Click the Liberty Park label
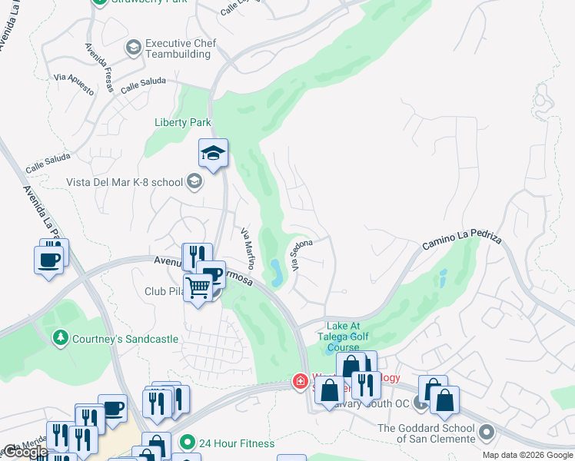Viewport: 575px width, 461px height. coord(183,122)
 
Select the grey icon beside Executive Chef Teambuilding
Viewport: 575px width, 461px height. coord(134,48)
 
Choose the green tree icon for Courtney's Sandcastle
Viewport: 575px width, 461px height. coord(60,338)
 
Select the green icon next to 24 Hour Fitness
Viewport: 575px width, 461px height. coord(186,443)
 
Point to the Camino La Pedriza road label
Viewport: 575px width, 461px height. coord(461,244)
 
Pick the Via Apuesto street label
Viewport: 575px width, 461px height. coord(74,84)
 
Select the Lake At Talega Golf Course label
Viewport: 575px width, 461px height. coord(343,336)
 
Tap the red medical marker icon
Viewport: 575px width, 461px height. coord(300,381)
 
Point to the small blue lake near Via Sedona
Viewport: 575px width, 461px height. coord(275,270)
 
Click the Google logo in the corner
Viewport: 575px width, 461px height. coord(25,451)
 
